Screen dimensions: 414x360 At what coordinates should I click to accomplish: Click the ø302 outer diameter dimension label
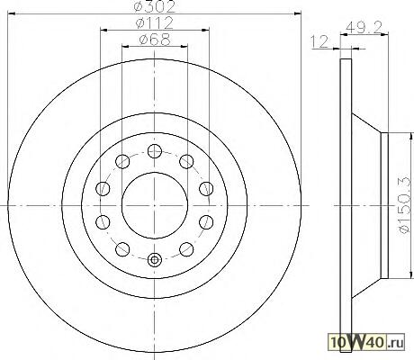[155, 6]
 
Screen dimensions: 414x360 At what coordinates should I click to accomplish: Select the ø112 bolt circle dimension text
[155, 22]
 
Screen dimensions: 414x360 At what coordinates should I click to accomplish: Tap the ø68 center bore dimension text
[155, 40]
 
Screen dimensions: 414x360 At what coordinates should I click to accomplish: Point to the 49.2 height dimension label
[364, 28]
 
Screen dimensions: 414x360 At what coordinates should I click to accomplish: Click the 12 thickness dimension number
[319, 41]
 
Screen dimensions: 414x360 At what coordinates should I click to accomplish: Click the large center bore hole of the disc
[155, 205]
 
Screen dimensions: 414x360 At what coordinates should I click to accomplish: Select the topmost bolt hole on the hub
[155, 150]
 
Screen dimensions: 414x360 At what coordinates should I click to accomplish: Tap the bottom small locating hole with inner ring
[155, 260]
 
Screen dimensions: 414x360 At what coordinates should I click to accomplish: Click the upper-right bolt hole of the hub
[186, 161]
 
